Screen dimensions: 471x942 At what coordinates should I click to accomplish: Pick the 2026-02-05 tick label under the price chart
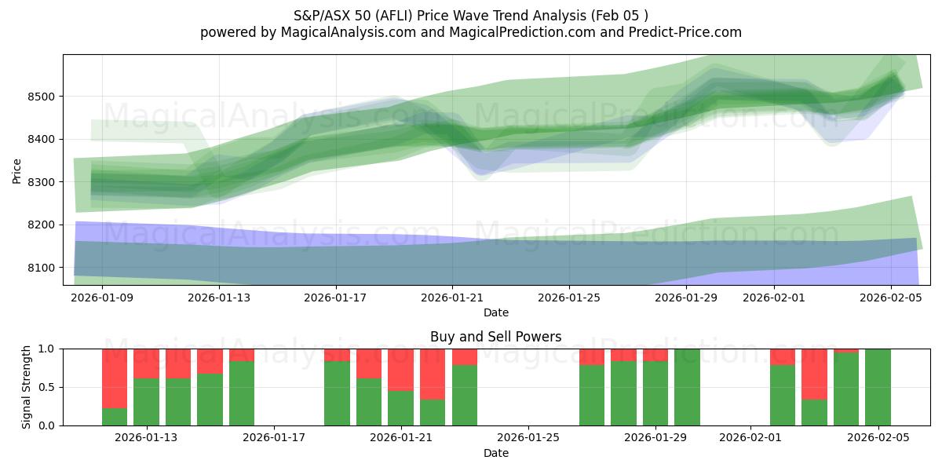tap(891, 298)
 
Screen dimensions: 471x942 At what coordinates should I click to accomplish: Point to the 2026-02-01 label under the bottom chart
tap(750, 438)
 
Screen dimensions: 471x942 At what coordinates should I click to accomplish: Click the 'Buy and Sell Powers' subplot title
tap(495, 337)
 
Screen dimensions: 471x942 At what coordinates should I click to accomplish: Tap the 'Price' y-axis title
tap(17, 170)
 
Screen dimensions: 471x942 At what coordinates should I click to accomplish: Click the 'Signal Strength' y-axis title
tap(27, 387)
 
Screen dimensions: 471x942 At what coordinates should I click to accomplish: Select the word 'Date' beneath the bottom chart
tap(495, 453)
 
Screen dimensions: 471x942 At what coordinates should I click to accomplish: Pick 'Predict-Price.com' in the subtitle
tap(688, 32)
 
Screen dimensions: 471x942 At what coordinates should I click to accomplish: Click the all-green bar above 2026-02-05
tap(878, 387)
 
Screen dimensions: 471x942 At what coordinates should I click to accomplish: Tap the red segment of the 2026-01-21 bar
tap(400, 369)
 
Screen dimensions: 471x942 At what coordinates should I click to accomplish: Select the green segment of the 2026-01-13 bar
tap(146, 402)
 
